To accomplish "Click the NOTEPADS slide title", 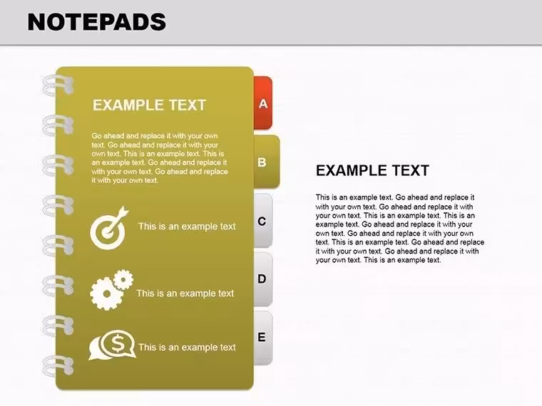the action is point(97,22).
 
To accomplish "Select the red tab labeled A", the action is point(263,103).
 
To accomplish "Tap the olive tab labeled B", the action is point(267,162).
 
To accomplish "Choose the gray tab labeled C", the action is point(263,221).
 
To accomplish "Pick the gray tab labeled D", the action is point(263,279).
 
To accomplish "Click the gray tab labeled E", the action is point(263,338).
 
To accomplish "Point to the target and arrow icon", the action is point(109,228).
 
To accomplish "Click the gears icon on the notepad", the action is point(111,290).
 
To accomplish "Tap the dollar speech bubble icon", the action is point(113,345).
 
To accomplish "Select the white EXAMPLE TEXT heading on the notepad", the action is point(149,105).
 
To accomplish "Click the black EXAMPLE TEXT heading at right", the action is point(372,170).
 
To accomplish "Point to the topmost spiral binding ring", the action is point(58,85).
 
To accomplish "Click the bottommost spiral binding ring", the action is point(58,366).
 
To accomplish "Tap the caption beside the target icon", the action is point(187,227).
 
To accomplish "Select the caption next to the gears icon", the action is point(185,293).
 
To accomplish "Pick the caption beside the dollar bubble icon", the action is point(187,348).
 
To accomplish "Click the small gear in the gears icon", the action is point(123,280).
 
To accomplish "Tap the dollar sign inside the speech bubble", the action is point(118,343).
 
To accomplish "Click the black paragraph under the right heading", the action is point(399,229).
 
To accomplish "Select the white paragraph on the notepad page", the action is point(160,158).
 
